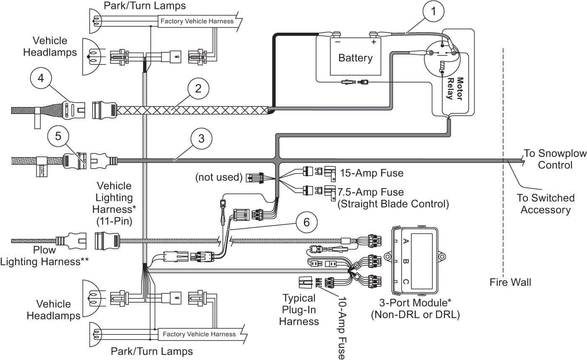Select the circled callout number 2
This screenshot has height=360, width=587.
[x=198, y=88]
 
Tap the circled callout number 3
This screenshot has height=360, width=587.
[x=201, y=139]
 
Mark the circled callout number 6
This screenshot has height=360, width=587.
[x=306, y=222]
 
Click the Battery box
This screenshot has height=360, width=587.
[x=355, y=57]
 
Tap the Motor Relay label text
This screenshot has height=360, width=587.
[x=455, y=88]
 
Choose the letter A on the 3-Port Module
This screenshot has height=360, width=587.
[x=405, y=241]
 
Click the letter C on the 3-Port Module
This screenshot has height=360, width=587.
[x=405, y=282]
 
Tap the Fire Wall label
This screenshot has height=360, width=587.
[x=510, y=282]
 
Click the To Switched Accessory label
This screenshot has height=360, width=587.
[x=545, y=203]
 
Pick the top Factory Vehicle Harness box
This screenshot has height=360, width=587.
[x=197, y=21]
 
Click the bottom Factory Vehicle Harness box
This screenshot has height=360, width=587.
[x=199, y=334]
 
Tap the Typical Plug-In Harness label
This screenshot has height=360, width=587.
[x=299, y=310]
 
